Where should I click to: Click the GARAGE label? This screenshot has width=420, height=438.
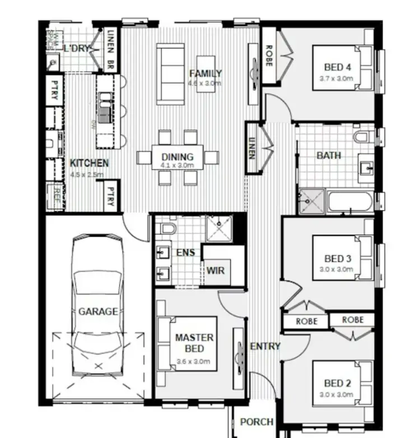(x=98, y=311)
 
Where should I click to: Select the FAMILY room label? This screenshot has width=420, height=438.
(x=206, y=73)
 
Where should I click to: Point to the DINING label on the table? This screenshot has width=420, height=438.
(x=177, y=157)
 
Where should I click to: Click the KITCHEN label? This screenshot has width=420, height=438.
(x=89, y=163)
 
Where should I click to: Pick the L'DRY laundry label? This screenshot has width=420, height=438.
(x=77, y=49)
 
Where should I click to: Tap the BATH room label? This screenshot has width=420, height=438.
(x=329, y=155)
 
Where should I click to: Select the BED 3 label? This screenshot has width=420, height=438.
(x=338, y=259)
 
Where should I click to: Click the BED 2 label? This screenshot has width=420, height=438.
(x=338, y=384)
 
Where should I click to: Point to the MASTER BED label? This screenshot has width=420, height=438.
(x=194, y=343)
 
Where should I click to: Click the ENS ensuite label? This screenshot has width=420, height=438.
(x=185, y=253)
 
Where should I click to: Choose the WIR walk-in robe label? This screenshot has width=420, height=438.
(x=216, y=271)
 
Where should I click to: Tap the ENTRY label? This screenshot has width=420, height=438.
(x=265, y=346)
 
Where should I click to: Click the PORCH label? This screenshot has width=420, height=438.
(x=256, y=422)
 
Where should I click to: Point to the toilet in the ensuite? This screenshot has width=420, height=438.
(x=167, y=229)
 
